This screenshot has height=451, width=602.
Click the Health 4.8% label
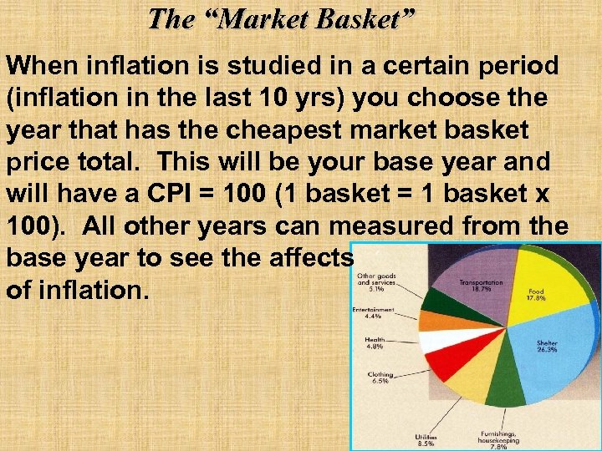375,343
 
